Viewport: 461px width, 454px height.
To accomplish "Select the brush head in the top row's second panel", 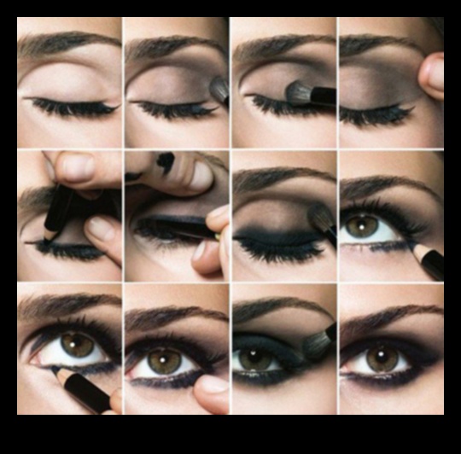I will pos(220,89).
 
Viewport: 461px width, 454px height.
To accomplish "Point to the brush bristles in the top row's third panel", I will pos(299,92).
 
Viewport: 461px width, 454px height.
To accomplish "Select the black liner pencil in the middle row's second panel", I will pos(184,225).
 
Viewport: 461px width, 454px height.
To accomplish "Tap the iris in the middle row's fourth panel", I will pos(362,225).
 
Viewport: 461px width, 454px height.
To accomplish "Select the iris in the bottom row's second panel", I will pos(164,361).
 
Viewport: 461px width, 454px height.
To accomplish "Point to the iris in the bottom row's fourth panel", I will pos(382,358).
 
